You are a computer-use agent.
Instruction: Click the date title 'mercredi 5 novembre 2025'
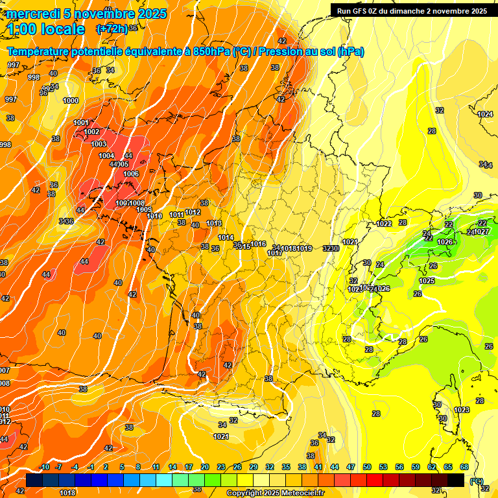point(87,14)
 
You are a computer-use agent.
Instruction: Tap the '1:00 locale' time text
point(46,29)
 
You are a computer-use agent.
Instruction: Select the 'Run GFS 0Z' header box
point(412,11)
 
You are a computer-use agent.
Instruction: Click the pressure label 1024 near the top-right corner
point(484,114)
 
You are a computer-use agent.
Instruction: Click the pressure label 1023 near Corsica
point(461,410)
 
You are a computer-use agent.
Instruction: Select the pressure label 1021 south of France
point(221,436)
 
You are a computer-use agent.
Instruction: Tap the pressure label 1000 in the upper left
point(71,101)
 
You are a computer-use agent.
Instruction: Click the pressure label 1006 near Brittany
point(131,174)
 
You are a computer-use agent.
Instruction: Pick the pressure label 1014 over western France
point(226,237)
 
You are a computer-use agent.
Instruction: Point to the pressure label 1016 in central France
point(258,244)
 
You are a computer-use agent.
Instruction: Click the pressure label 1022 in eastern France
point(384,224)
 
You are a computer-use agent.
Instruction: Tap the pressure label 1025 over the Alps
point(426,281)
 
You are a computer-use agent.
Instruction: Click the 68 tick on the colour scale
point(464,467)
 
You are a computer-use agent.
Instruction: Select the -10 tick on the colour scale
point(44,467)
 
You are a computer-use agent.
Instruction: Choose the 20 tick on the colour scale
point(205,467)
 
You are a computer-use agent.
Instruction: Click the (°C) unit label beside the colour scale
point(477,481)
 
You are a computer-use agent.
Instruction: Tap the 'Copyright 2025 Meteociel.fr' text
point(275,493)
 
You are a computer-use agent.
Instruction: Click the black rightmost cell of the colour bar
point(456,480)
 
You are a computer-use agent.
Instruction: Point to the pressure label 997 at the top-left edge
point(13,65)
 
